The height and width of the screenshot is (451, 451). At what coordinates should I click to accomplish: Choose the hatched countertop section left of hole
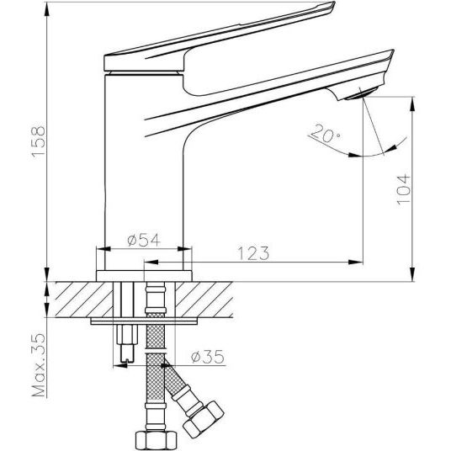(x=80, y=298)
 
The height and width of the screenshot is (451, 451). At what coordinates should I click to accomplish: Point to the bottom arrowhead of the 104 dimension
(x=413, y=274)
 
